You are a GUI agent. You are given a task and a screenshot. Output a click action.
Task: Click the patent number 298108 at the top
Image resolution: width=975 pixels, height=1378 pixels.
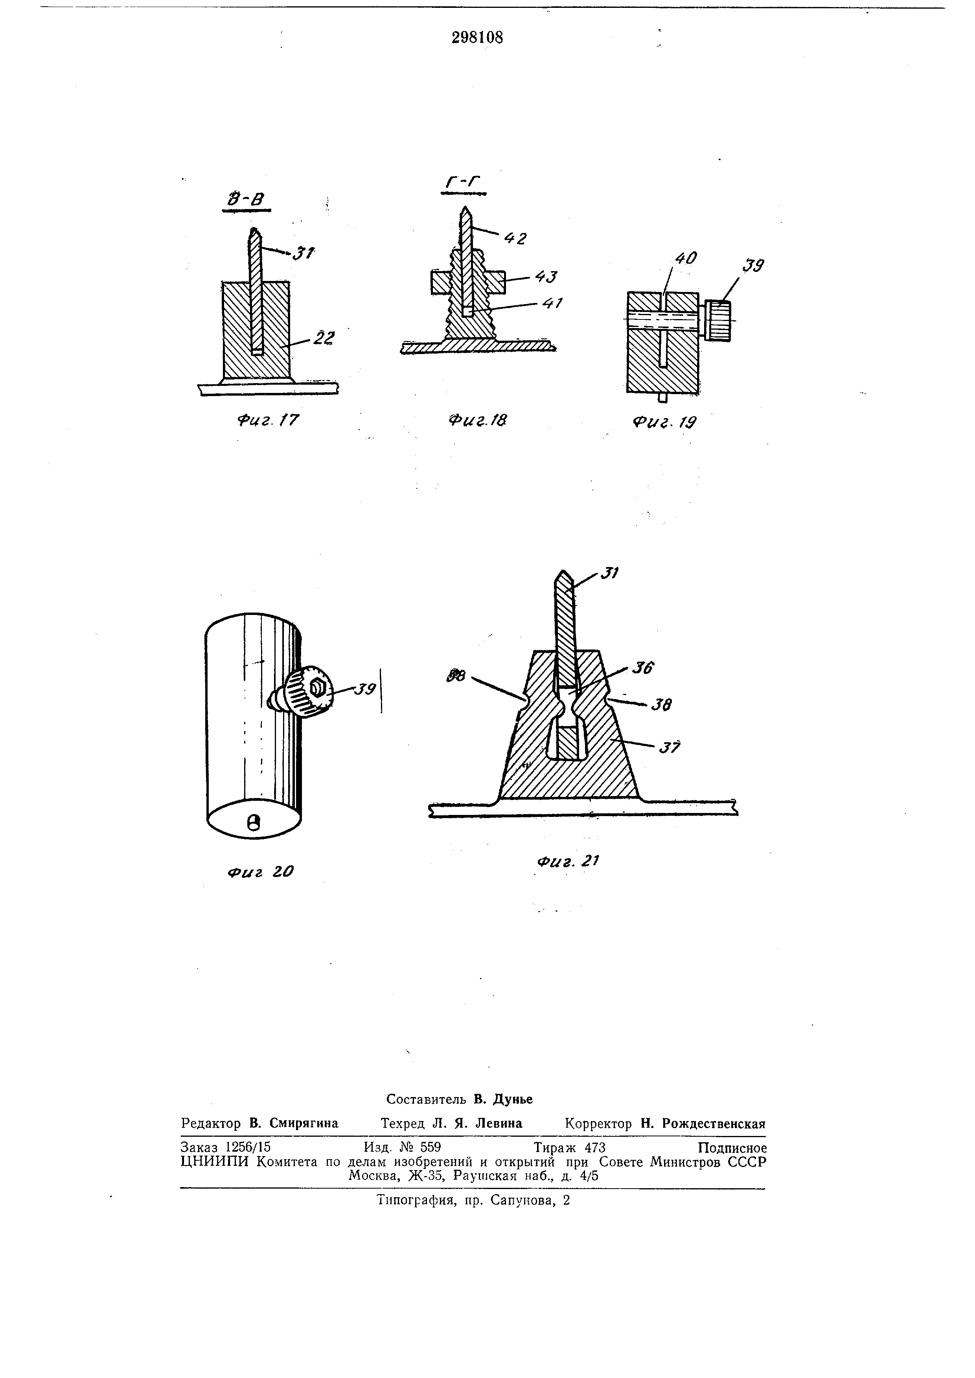coord(477,38)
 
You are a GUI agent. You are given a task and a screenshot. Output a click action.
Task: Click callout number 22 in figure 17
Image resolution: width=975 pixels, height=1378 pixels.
coord(324,338)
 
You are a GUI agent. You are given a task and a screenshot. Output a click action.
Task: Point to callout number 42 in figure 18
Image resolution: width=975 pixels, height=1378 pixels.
coord(515,238)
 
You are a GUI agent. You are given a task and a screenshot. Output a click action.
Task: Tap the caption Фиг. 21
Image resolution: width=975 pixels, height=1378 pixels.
coord(567,861)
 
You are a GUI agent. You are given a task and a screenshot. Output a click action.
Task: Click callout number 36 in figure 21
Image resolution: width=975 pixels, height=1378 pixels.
coord(642,668)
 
